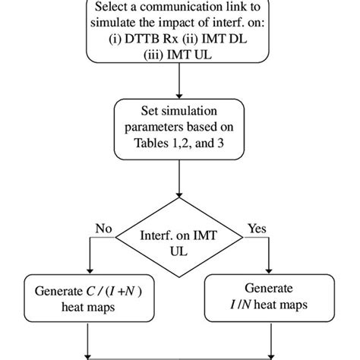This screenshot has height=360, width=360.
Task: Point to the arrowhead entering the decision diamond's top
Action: point(179,200)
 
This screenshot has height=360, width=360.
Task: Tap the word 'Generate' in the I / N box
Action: point(270,289)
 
